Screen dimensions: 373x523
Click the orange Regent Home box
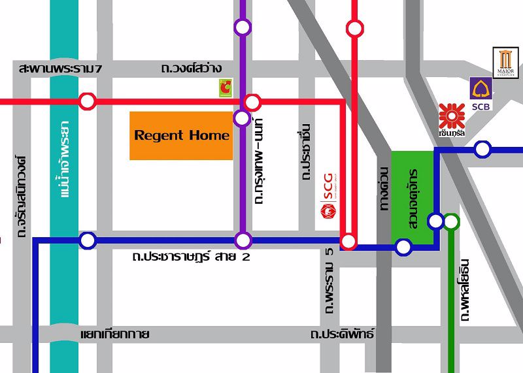pyautogui.click(x=181, y=136)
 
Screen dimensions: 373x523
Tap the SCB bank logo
pyautogui.click(x=481, y=94)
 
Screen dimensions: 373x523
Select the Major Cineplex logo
pyautogui.click(x=505, y=63)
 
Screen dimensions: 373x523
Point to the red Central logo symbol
pyautogui.click(x=451, y=116)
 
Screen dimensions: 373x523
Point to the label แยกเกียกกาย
pyautogui.click(x=114, y=334)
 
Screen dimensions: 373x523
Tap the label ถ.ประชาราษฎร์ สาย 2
pyautogui.click(x=190, y=257)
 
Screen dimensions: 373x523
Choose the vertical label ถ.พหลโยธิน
pyautogui.click(x=465, y=287)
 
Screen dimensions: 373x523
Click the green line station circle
pyautogui.click(x=451, y=222)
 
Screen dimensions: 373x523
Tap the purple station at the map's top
pyautogui.click(x=243, y=27)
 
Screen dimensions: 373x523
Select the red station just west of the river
pyautogui.click(x=87, y=101)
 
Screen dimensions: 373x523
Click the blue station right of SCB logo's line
pyautogui.click(x=482, y=149)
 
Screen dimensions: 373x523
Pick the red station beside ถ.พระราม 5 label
pyautogui.click(x=348, y=242)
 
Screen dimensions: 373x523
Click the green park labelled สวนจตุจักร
pyautogui.click(x=413, y=196)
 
